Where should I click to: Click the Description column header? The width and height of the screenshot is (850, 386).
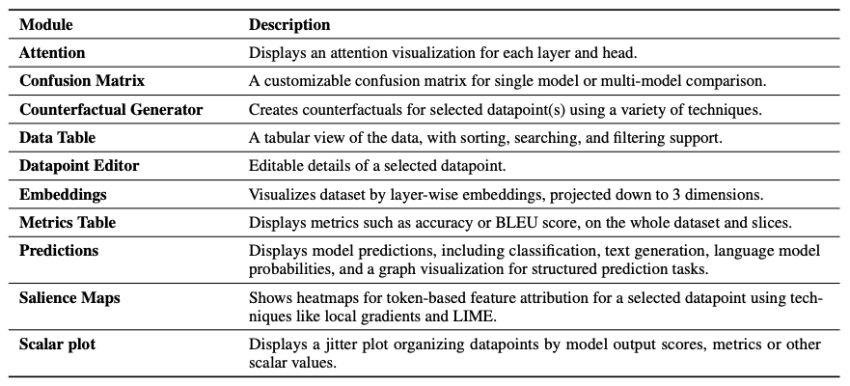click(289, 24)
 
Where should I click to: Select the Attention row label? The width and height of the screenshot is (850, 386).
click(52, 53)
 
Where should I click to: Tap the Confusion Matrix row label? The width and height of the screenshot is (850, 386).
click(82, 81)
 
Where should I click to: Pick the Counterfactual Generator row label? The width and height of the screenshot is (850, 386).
click(111, 110)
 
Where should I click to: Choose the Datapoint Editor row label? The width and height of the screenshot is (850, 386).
click(79, 166)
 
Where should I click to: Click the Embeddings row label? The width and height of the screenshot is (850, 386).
click(63, 194)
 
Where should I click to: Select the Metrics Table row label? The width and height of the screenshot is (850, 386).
click(68, 222)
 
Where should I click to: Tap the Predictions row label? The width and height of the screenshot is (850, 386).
click(59, 250)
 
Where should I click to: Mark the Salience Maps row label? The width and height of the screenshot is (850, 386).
click(69, 298)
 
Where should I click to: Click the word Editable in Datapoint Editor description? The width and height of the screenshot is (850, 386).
click(276, 166)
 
